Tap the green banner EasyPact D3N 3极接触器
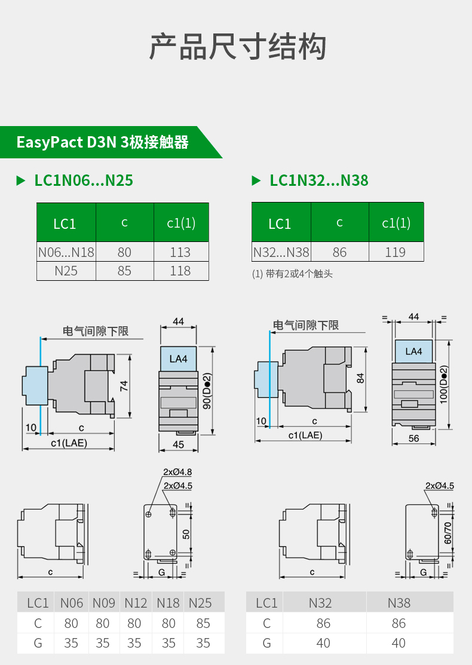click(103, 143)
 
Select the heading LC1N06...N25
click(84, 180)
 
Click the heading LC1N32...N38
click(319, 180)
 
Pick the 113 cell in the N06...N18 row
click(180, 252)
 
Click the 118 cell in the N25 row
click(180, 271)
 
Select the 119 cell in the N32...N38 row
click(396, 252)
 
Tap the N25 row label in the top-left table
click(66, 271)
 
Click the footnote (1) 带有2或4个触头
click(292, 274)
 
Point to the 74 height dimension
click(124, 385)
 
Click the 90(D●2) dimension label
click(207, 391)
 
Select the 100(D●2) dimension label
click(444, 382)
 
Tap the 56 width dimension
click(414, 439)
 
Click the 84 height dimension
click(360, 378)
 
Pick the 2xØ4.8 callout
click(177, 472)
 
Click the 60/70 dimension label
click(448, 531)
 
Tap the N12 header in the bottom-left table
click(136, 603)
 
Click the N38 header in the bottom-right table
click(399, 603)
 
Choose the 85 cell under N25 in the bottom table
click(203, 623)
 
